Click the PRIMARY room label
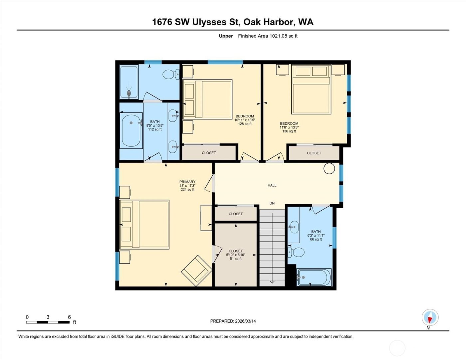point(187,182)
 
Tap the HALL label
point(272,185)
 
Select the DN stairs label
point(272,203)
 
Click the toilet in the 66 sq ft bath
point(296,252)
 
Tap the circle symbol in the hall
point(329,168)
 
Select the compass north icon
point(430,317)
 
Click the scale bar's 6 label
point(69,317)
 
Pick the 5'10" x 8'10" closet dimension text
point(236,255)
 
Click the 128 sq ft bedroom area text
point(245,124)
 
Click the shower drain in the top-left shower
point(129,93)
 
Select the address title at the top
point(233,22)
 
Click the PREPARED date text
point(233,321)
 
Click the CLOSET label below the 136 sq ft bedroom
point(314,153)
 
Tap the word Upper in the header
point(226,36)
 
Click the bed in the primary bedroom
point(144,224)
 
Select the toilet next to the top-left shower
point(171,74)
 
